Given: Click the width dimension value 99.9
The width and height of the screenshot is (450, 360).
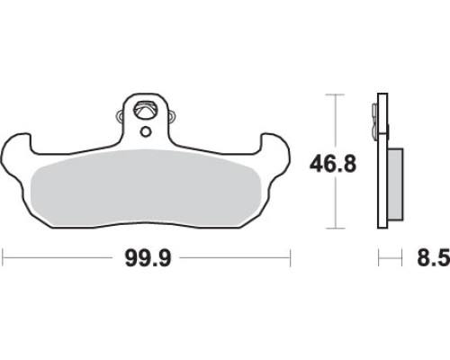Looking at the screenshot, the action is [148, 257].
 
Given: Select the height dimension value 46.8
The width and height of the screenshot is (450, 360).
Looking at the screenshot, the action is [333, 164].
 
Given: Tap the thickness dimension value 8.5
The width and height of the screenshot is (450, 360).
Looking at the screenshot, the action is [434, 257].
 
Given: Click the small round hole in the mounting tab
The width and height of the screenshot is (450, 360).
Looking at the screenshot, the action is [146, 131].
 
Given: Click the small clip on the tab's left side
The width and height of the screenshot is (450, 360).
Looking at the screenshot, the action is [119, 116].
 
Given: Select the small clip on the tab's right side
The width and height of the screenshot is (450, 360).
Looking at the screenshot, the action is [172, 116].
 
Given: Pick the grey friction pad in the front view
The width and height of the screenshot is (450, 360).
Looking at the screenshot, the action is [146, 187].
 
